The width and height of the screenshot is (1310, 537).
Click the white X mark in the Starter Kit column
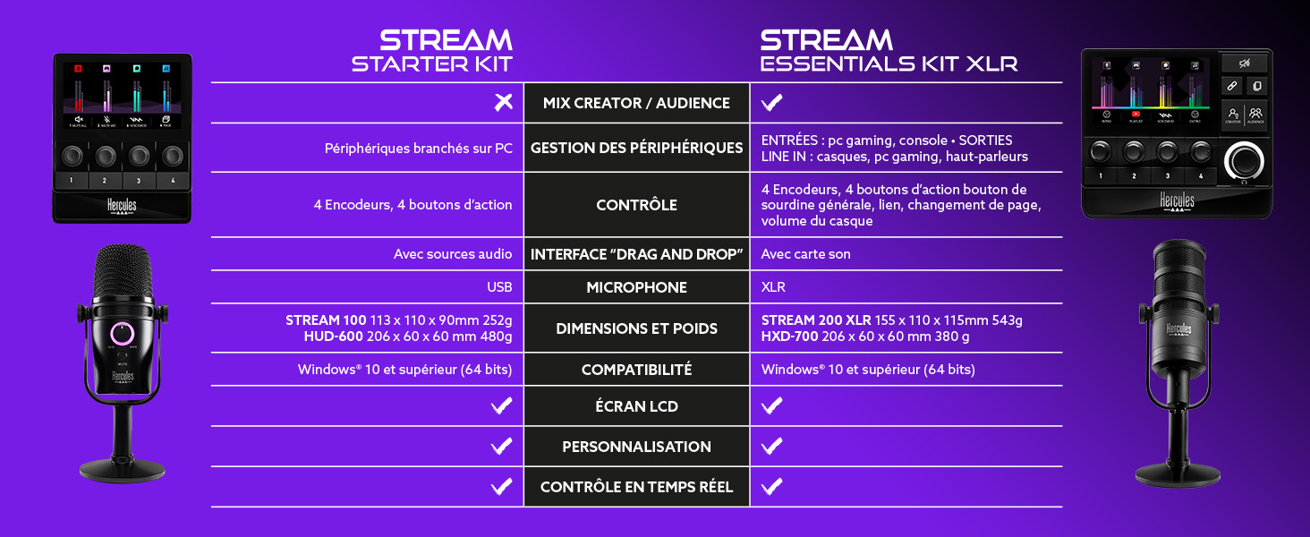click(503, 103)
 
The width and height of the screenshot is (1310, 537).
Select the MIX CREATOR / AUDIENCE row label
click(636, 103)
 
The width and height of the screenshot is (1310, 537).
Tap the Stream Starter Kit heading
click(432, 51)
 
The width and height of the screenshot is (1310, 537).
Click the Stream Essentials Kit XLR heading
click(888, 51)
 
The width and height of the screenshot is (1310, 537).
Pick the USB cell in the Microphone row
click(499, 287)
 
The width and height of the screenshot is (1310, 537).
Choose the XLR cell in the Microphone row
click(774, 287)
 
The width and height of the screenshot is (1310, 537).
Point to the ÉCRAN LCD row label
click(636, 406)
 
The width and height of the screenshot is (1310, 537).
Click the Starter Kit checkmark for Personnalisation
click(501, 446)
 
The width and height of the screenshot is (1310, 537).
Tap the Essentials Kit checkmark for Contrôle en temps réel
click(771, 486)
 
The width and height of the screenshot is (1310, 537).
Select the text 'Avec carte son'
click(805, 254)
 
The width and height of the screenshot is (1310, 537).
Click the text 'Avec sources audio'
click(453, 254)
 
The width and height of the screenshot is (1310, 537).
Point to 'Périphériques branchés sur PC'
click(418, 148)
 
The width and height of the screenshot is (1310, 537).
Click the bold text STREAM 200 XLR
click(815, 320)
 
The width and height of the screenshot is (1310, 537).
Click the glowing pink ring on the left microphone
click(122, 333)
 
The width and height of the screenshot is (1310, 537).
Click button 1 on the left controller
click(71, 180)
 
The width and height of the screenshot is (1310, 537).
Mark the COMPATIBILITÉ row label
click(636, 370)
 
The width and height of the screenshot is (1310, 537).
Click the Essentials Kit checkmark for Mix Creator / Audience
click(771, 103)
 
